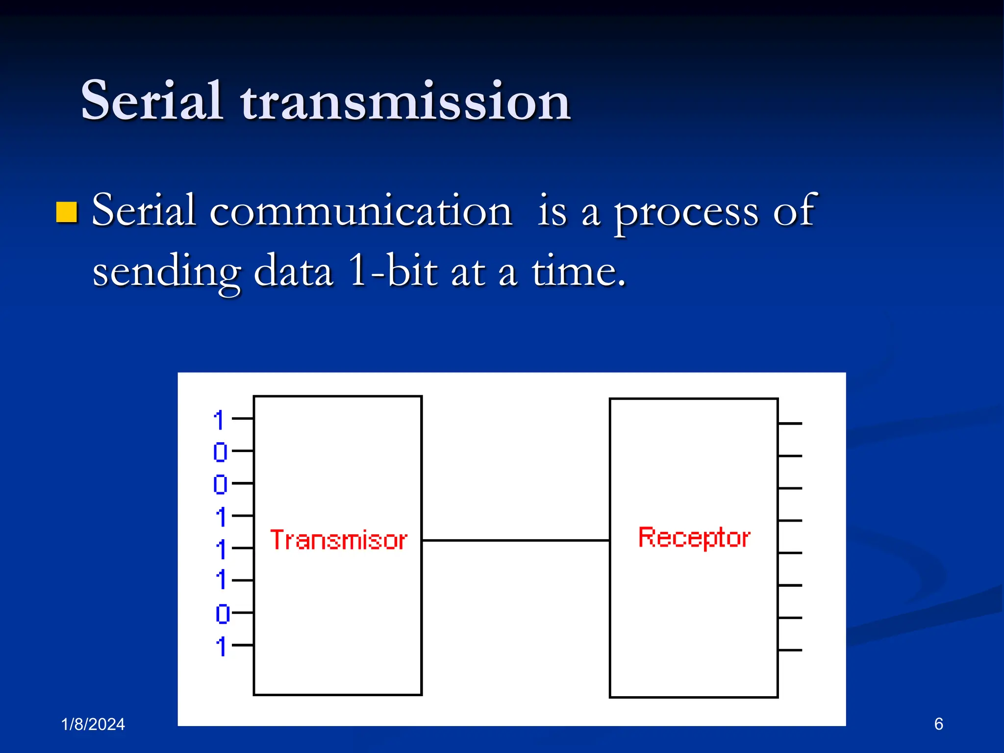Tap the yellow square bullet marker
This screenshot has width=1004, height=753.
(x=67, y=212)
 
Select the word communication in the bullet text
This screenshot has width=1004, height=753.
(x=361, y=211)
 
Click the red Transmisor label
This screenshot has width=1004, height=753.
(x=338, y=540)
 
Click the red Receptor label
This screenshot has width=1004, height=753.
(x=694, y=538)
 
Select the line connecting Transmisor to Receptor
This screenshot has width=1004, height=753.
(x=515, y=540)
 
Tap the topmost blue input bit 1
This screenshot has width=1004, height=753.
(x=219, y=420)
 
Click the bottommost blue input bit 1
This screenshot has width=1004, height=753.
(x=221, y=646)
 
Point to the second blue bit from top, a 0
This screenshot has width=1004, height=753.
(x=220, y=452)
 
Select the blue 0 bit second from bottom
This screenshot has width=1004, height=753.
(x=222, y=614)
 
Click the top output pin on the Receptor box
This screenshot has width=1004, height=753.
(x=790, y=424)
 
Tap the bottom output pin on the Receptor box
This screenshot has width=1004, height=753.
(x=790, y=650)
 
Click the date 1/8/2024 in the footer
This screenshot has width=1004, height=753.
(x=93, y=724)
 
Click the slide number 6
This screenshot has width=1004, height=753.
(x=938, y=724)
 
